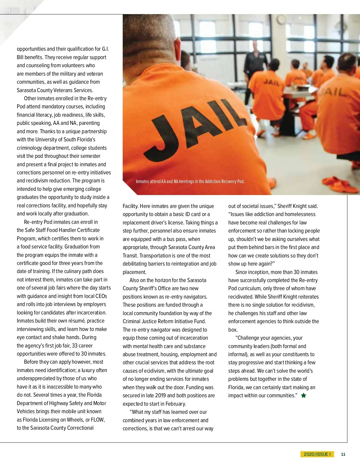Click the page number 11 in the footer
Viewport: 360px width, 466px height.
(343, 454)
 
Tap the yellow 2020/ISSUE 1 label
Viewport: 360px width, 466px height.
(317, 454)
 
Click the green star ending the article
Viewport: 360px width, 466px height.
(304, 395)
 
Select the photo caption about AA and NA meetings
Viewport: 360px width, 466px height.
(190, 182)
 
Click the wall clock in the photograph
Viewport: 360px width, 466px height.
(281, 20)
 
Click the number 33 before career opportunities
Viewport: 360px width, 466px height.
(75, 346)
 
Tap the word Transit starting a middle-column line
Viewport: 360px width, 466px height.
(130, 256)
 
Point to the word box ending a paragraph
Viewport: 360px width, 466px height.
(232, 330)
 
